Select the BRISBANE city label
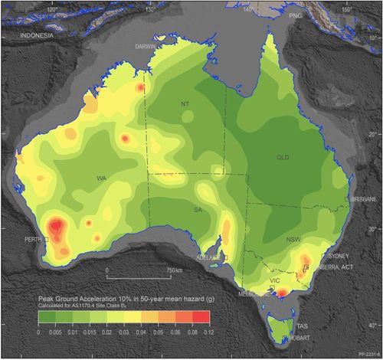360,198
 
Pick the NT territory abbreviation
185,104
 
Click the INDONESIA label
36,36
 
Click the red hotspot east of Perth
57,227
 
